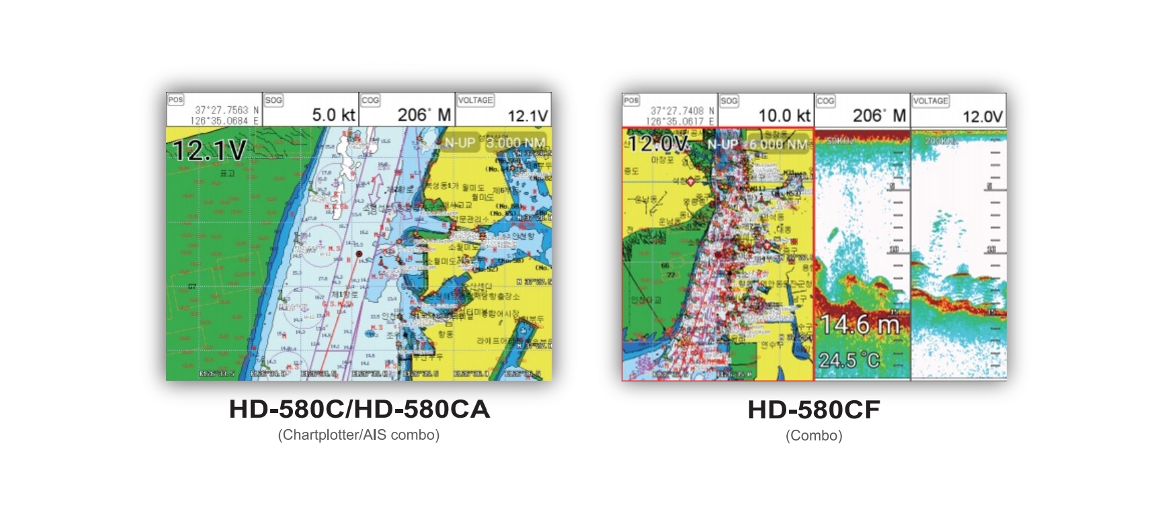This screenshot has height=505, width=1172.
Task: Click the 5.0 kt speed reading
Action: coord(333,115)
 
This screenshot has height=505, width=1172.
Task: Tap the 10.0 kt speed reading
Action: coord(784,116)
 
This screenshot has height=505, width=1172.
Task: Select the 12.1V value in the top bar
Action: coord(528,116)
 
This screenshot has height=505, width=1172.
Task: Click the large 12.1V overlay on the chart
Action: coord(209,150)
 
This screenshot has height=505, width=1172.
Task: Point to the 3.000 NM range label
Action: coord(515,143)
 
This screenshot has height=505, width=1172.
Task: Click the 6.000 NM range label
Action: coord(778,144)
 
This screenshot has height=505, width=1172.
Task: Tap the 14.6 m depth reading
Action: coord(860,326)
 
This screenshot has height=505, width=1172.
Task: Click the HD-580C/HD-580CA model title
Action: coord(359,409)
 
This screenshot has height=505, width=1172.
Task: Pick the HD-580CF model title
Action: coord(814,410)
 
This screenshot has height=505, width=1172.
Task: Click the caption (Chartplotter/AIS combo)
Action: coord(359,435)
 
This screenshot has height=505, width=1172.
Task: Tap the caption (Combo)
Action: coord(814,436)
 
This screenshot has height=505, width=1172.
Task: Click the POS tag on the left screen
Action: coord(175,100)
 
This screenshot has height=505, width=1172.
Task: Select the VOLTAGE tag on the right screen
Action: coord(930,101)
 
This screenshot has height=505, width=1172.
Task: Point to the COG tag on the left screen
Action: coord(370,100)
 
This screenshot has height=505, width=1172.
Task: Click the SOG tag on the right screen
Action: coord(728,101)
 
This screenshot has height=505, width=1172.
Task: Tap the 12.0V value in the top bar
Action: coord(982,116)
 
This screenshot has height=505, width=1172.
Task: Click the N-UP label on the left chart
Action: coord(460,143)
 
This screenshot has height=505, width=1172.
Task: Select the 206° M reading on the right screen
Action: coord(879,116)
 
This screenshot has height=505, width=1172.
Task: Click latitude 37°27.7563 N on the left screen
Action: coord(226,110)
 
